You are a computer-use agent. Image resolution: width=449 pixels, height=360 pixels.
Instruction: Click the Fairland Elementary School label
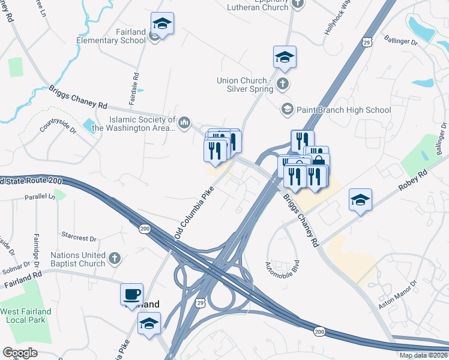tap(110, 36)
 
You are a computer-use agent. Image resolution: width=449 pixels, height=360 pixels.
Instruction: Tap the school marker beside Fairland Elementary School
tap(162, 24)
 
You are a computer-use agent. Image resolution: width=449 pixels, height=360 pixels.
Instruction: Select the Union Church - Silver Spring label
tap(245, 85)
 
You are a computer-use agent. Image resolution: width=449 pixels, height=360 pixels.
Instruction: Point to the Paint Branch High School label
tap(344, 110)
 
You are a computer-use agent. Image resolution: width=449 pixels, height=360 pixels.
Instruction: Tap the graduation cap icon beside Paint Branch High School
tap(287, 109)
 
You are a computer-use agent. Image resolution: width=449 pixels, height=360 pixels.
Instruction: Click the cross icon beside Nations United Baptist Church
tap(114, 259)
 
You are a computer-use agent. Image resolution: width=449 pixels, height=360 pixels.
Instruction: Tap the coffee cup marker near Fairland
tap(132, 295)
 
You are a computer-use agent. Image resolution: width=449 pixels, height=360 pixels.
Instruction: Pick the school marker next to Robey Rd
tap(360, 200)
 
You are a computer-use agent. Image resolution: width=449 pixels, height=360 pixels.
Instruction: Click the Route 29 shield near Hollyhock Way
tap(367, 40)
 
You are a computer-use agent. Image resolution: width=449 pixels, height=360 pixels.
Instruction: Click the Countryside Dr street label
tap(58, 128)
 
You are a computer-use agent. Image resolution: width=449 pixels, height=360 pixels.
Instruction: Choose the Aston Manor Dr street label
tap(397, 296)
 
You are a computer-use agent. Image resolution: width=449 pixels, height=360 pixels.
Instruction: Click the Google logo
tap(20, 352)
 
